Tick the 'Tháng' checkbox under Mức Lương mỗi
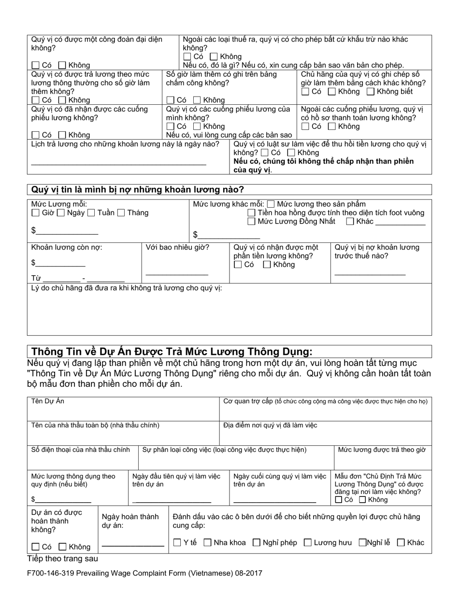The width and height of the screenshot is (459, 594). pyautogui.click(x=121, y=212)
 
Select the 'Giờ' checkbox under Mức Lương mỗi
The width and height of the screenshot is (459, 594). pyautogui.click(x=35, y=212)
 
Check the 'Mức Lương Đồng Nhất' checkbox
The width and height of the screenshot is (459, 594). pyautogui.click(x=251, y=222)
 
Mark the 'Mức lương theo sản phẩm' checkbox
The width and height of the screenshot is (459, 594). pyautogui.click(x=271, y=204)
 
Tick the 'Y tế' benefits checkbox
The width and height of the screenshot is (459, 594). pyautogui.click(x=177, y=542)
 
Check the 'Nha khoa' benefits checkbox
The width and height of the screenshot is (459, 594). pyautogui.click(x=208, y=542)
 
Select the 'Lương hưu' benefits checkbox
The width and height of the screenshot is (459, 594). pyautogui.click(x=308, y=542)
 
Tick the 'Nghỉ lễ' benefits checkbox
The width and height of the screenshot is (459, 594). pyautogui.click(x=362, y=542)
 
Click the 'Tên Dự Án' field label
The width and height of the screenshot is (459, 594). pyautogui.click(x=48, y=401)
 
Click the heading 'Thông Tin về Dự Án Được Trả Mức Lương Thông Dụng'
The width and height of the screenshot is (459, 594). pyautogui.click(x=172, y=351)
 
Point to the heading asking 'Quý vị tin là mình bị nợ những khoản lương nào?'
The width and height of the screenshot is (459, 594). pyautogui.click(x=138, y=189)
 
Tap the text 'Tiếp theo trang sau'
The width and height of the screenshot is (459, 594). pyautogui.click(x=62, y=559)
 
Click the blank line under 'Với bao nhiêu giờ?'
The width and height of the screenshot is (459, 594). pyautogui.click(x=177, y=273)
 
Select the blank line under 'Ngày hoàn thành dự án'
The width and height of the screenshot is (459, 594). pyautogui.click(x=133, y=545)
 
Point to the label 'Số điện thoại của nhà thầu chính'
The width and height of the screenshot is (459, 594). pyautogui.click(x=81, y=450)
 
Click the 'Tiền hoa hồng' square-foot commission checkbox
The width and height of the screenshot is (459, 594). pyautogui.click(x=251, y=213)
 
